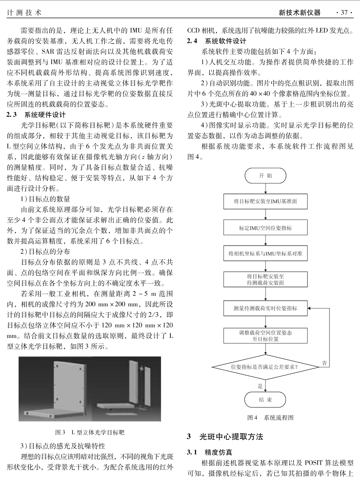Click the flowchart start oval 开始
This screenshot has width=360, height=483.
coord(265,176)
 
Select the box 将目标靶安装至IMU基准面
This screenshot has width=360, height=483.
coord(265,201)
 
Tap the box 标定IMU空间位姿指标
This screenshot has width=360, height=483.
coord(265,228)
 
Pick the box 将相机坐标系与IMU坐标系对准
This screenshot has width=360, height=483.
coord(265,254)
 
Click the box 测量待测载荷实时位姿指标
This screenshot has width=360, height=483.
coord(265,308)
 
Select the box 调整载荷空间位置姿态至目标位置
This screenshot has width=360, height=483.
coord(265,336)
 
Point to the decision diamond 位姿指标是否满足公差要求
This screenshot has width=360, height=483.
coord(265,367)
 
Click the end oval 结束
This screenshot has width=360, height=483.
coord(265,400)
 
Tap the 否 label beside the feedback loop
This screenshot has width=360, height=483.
coord(325,363)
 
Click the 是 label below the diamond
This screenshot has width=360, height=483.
coord(260,386)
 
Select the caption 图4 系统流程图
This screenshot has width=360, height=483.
coord(270,418)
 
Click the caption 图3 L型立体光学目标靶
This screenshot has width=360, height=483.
coord(90,432)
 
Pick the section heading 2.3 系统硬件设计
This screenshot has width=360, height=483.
coord(36,115)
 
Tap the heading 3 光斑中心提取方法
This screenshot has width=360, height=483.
coord(225,436)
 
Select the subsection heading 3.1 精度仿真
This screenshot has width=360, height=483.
coord(210,452)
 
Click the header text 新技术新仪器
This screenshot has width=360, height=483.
coord(299,13)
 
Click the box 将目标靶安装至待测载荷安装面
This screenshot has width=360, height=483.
coord(265,279)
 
